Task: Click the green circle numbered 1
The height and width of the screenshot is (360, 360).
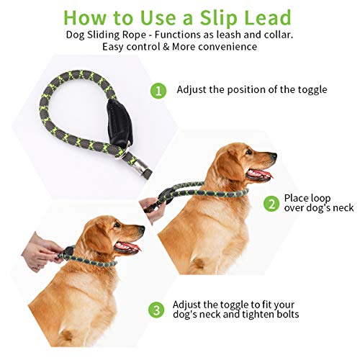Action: (x=159, y=91)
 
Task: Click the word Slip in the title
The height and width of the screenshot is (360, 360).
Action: (x=212, y=17)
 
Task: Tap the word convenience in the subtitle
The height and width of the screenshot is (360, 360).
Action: (x=222, y=47)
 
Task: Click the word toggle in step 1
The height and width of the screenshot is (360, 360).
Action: (x=310, y=90)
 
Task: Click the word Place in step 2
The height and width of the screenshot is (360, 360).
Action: (x=298, y=197)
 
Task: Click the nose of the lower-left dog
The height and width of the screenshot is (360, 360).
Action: (x=140, y=230)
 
